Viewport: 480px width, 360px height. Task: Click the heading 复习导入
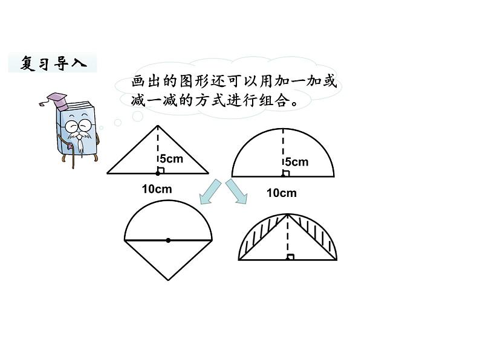52,63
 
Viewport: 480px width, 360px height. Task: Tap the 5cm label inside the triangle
170,159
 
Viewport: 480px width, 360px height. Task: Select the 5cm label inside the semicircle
296,162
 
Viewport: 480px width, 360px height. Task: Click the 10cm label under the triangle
157,189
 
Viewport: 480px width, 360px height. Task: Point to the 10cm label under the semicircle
282,193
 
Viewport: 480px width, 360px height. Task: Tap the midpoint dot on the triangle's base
158,173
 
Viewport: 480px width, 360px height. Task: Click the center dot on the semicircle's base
283,176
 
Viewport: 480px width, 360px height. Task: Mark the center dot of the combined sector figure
168,240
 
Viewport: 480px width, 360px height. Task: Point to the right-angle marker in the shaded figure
291,257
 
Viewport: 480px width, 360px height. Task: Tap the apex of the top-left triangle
158,126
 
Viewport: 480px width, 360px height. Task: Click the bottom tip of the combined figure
168,280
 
